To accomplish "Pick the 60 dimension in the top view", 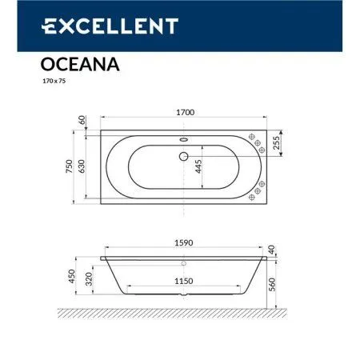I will (x=82, y=120).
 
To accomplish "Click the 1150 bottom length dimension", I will (x=184, y=279).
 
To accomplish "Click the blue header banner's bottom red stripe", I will (x=180, y=52).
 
